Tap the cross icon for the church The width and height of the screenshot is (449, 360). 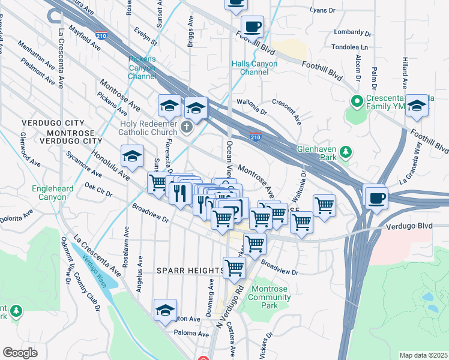click(x=187, y=127)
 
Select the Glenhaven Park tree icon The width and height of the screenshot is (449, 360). click(x=346, y=153)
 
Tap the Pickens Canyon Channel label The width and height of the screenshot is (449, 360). click(x=142, y=68)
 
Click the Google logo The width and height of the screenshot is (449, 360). click(x=20, y=353)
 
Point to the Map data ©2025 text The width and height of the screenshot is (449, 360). click(x=424, y=355)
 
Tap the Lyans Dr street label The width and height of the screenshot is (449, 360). click(x=323, y=11)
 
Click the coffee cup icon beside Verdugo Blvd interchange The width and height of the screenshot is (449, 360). click(x=376, y=197)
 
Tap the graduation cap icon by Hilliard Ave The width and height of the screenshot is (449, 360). click(x=417, y=106)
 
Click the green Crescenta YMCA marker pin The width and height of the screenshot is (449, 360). click(x=357, y=101)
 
